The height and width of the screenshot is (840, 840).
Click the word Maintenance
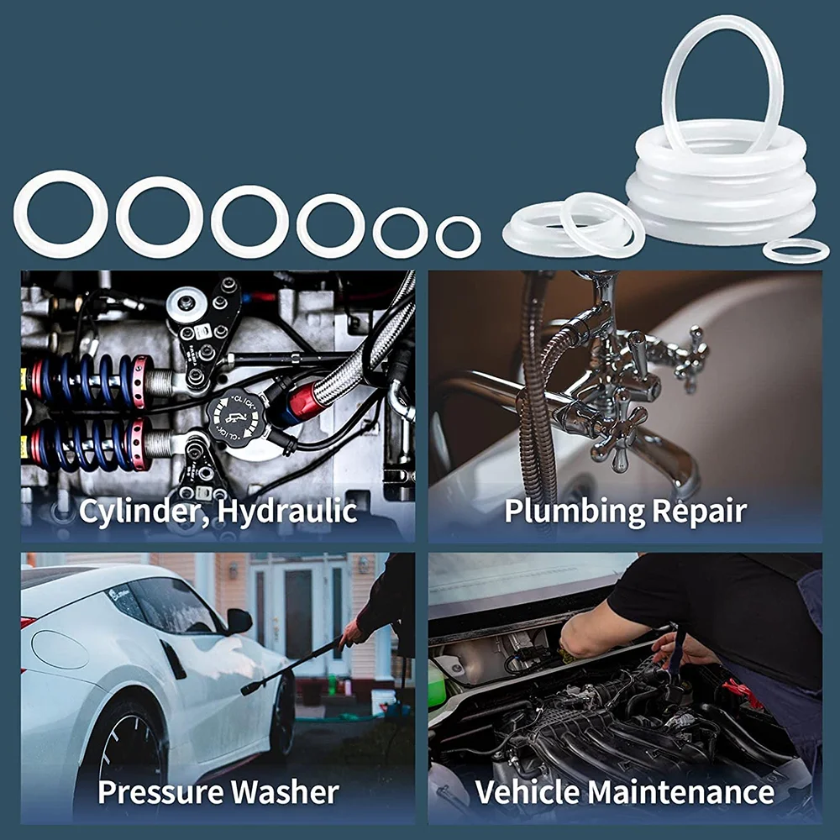point(680,791)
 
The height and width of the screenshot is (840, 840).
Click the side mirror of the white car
point(239,621)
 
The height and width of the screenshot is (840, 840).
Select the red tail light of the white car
point(29,622)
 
